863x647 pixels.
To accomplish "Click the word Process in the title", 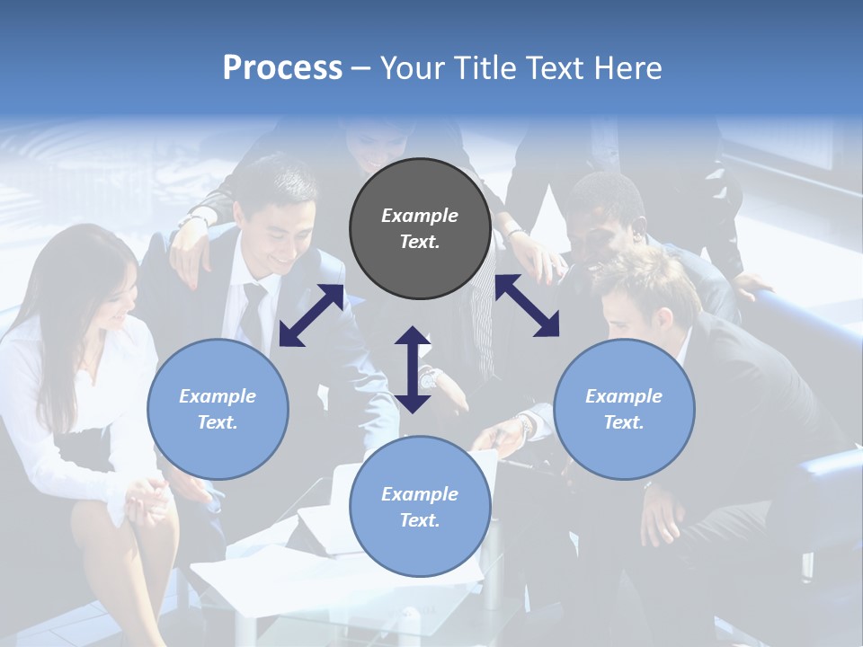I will tap(282, 68).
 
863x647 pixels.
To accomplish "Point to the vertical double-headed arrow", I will tap(413, 369).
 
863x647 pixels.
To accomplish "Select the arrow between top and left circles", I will tap(311, 315).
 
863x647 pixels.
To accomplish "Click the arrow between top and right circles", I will tap(527, 306).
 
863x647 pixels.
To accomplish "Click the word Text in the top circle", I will tap(419, 242).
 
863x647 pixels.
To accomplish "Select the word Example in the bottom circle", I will tap(420, 494).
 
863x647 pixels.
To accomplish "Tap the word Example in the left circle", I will tap(218, 396).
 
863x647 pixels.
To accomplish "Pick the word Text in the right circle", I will tap(623, 422).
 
